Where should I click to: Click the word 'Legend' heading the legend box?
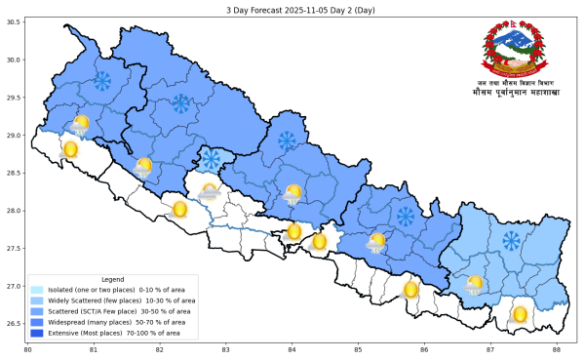pos(112,279)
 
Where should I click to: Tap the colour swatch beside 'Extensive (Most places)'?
pos(37,333)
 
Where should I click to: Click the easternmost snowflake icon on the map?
pos(510,240)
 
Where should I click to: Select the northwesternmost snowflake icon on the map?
pos(101,81)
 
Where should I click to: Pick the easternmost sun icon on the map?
pos(520,314)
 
